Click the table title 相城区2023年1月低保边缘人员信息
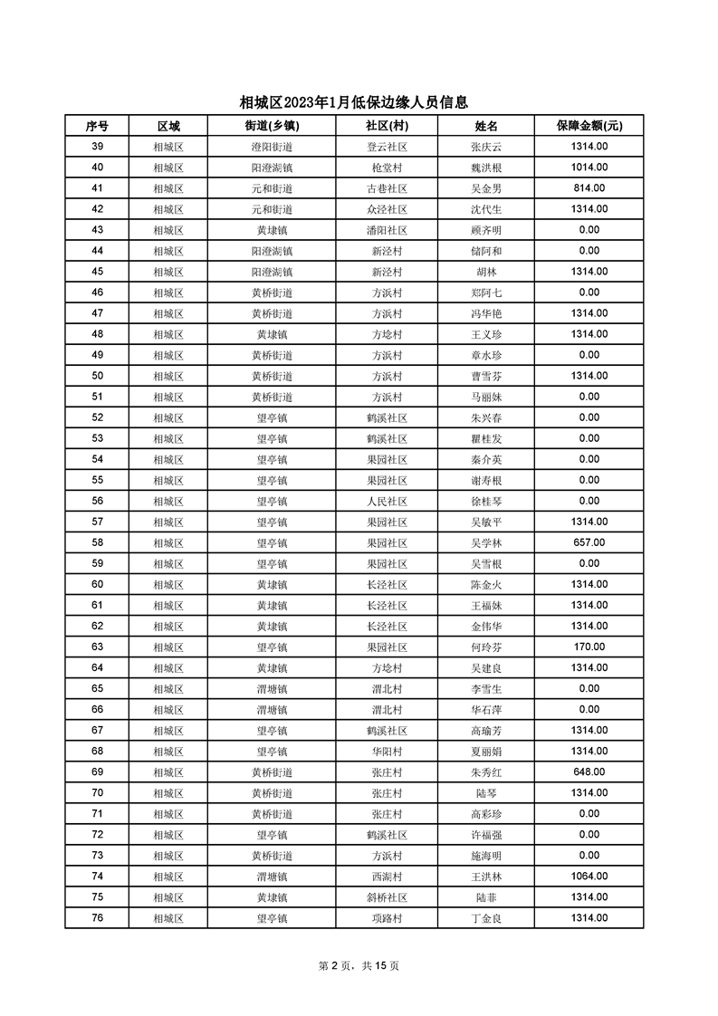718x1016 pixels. click(359, 102)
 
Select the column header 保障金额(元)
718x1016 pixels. click(589, 126)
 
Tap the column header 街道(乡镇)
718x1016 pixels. click(272, 126)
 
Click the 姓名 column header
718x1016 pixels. click(486, 126)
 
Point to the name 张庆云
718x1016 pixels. click(486, 147)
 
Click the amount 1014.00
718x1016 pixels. click(589, 168)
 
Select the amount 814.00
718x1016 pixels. click(589, 188)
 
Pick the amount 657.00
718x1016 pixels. click(589, 542)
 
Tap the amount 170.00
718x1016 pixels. click(589, 647)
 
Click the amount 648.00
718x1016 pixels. click(589, 772)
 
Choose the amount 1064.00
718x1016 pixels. click(589, 876)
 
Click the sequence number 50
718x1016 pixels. click(97, 376)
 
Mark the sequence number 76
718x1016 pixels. click(97, 917)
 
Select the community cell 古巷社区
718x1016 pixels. click(387, 188)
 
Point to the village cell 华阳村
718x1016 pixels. click(387, 751)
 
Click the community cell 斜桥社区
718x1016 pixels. click(387, 896)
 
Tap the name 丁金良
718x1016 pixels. click(486, 917)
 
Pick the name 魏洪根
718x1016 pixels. click(486, 168)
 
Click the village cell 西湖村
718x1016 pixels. click(387, 876)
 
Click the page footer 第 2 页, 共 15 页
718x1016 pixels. click(359, 965)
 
